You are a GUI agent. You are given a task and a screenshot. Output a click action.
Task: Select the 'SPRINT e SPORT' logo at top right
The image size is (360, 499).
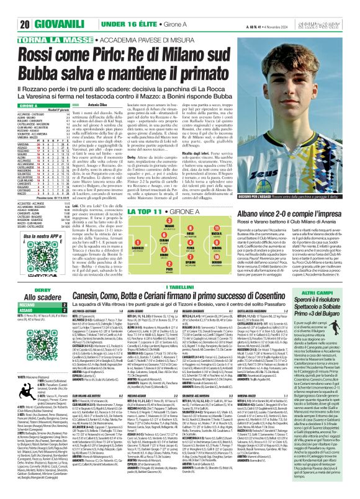(338, 8)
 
